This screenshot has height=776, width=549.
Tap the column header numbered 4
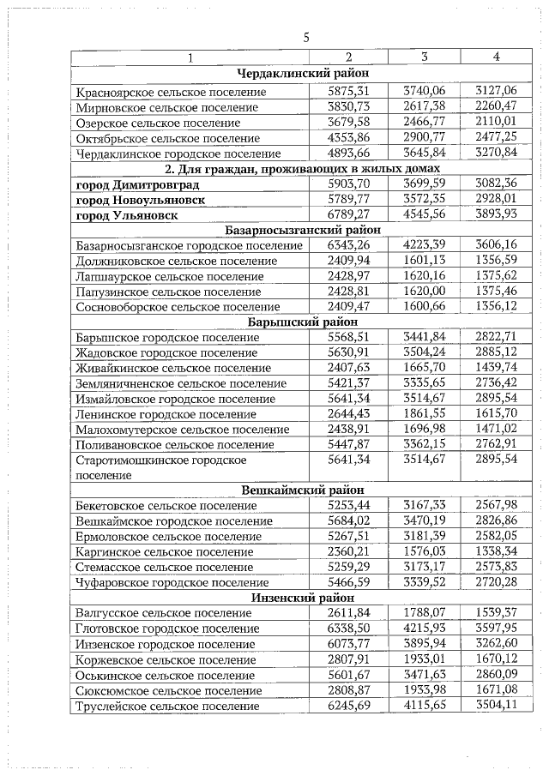pos(497,57)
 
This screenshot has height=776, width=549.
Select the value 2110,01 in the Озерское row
pos(497,123)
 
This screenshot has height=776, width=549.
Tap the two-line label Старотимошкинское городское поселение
pos(160,467)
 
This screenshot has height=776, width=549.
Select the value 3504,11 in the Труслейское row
pos(497,706)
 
